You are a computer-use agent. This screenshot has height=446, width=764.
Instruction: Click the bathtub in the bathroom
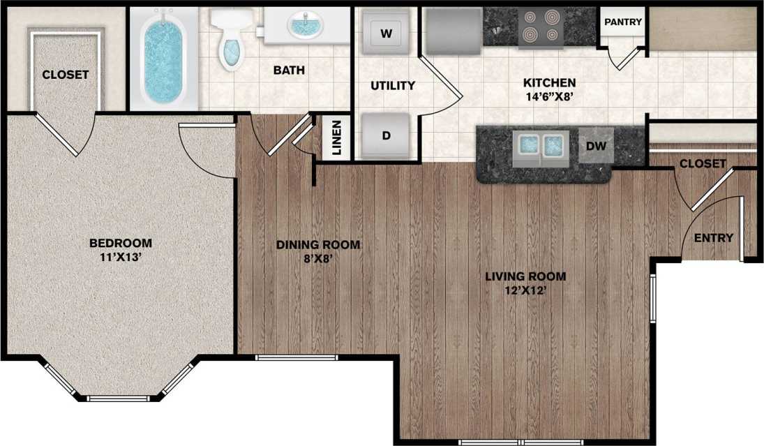pos(165,59)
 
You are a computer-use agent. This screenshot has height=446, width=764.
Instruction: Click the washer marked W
pos(386,32)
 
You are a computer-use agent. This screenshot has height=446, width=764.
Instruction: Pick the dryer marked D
pos(386,135)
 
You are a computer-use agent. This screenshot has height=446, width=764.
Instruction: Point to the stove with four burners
pos(541,27)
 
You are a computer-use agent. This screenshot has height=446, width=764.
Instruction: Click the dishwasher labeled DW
pos(596,145)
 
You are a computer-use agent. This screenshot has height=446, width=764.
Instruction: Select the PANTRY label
pos(622,22)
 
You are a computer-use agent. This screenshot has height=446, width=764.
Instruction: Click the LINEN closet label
pos(336,137)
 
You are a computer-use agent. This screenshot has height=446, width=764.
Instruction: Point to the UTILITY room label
pos(393,86)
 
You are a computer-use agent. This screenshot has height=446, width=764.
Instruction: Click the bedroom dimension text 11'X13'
pos(121,256)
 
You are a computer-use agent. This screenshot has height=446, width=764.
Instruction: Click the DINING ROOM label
pos(318,244)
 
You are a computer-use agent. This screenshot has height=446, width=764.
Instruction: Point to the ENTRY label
pos(713,238)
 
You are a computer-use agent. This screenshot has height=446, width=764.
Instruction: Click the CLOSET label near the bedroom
pos(66,74)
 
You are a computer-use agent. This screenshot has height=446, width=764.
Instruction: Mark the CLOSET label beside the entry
pos(703,164)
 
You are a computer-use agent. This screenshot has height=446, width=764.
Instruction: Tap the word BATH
pos(289,70)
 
